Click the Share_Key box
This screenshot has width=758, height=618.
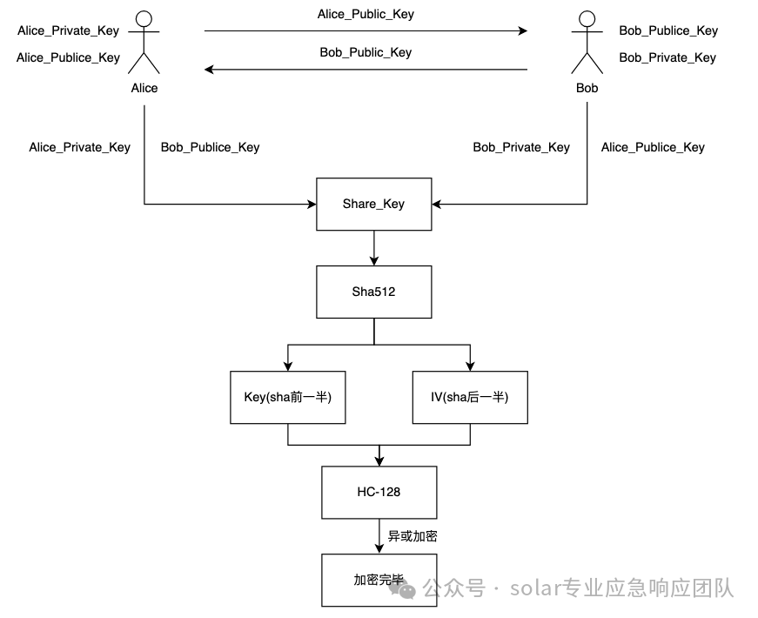373,205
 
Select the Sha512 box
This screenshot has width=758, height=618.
373,292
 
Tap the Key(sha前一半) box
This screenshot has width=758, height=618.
287,397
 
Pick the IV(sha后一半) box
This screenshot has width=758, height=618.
469,397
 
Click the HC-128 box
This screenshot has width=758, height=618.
379,492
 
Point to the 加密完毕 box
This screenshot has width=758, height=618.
379,580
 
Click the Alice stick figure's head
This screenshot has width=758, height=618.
144,17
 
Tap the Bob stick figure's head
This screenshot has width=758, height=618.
587,17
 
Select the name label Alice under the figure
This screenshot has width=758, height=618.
144,88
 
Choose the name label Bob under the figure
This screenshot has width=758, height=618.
587,88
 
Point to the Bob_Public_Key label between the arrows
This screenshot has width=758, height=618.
366,52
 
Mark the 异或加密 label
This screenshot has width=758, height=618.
413,536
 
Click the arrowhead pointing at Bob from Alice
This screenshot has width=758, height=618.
522,30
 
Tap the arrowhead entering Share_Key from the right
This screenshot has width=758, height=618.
437,205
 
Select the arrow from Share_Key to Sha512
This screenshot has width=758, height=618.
373,247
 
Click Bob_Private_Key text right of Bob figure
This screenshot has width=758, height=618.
667,57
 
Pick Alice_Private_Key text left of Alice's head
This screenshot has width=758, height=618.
68,30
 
